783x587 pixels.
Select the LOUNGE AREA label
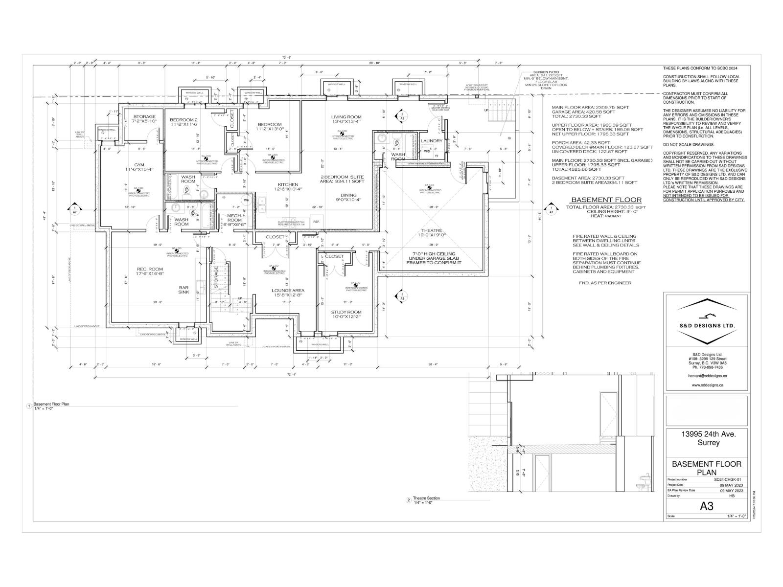pyautogui.click(x=288, y=291)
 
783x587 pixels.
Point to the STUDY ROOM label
pyautogui.click(x=346, y=312)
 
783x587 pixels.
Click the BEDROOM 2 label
pyautogui.click(x=184, y=120)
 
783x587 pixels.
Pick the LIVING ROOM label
pyautogui.click(x=346, y=117)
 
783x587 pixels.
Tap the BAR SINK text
pyautogui.click(x=184, y=290)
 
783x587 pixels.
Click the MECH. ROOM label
pyautogui.click(x=234, y=218)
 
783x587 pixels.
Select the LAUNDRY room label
pyautogui.click(x=432, y=141)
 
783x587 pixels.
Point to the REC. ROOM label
pyautogui.click(x=150, y=270)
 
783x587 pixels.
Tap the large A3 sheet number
pyautogui.click(x=706, y=506)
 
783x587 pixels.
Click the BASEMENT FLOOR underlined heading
pyautogui.click(x=606, y=200)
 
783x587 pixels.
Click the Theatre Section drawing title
pyautogui.click(x=426, y=498)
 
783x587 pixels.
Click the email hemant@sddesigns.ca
pyautogui.click(x=706, y=376)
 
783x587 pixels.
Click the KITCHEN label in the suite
pyautogui.click(x=288, y=184)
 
